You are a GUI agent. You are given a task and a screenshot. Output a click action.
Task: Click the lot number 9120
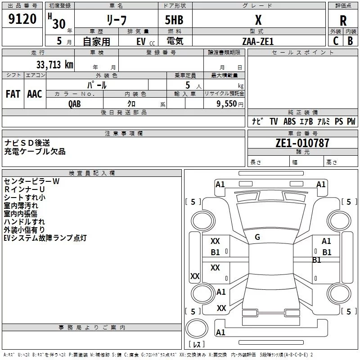click(x=22, y=19)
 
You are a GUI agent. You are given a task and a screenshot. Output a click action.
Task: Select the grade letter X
click(x=258, y=20)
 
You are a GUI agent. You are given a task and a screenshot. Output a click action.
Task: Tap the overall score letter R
click(x=343, y=21)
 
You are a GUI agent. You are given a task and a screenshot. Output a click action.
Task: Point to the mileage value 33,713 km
click(x=54, y=65)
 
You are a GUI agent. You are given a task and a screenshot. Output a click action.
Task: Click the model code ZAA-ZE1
click(x=258, y=41)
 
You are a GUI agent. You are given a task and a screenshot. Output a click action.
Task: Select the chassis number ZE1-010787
click(x=302, y=143)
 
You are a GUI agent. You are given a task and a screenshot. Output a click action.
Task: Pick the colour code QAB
click(x=75, y=104)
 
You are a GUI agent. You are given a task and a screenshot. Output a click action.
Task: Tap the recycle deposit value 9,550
click(x=226, y=104)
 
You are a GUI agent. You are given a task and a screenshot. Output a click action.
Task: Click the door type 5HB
click(x=174, y=20)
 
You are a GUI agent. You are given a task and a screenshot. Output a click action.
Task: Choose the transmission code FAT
click(x=13, y=94)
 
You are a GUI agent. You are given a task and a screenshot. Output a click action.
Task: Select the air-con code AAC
click(x=35, y=94)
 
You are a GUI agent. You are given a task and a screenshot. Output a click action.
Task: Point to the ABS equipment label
click(x=289, y=121)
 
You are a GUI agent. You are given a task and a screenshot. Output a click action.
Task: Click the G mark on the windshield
click(x=257, y=237)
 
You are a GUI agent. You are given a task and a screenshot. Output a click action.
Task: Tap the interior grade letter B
click(x=350, y=41)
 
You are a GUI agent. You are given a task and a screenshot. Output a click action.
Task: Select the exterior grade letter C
click(x=336, y=41)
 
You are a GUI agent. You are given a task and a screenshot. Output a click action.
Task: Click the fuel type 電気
click(x=175, y=41)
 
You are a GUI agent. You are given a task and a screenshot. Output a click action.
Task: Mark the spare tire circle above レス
click(x=197, y=328)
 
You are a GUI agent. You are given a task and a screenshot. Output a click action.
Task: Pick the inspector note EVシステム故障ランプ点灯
click(x=45, y=238)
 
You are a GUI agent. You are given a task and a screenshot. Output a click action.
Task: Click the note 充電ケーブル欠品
click(x=35, y=152)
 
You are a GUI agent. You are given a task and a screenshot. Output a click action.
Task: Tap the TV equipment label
click(x=274, y=121)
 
